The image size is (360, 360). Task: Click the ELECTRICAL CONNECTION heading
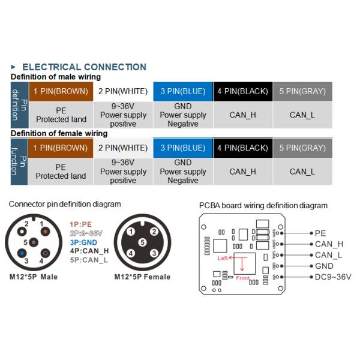coord(83,67)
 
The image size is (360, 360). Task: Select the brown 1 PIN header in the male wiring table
coord(61,92)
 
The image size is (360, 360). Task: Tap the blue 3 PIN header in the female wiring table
coord(182,148)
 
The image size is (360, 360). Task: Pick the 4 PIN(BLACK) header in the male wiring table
coord(242,92)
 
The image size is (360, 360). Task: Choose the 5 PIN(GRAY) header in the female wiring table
coord(302,148)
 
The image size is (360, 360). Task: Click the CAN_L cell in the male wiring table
coord(302,115)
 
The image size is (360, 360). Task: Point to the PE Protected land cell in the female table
coord(61,171)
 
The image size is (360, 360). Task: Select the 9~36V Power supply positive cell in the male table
coord(123,115)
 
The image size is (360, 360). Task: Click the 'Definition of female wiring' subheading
coord(59,133)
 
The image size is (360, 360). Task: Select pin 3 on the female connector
coord(154,254)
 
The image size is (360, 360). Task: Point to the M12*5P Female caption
coord(142,277)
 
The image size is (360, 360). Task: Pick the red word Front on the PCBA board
coord(242,278)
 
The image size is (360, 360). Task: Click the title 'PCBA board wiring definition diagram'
coord(263,206)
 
